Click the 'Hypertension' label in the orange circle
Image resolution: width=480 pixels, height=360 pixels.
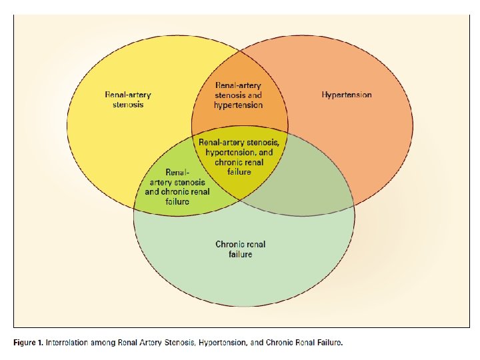(x=347, y=95)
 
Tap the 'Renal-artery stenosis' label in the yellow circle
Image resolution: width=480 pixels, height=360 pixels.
(x=128, y=99)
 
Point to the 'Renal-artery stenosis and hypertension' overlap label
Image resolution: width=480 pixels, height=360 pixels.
(x=239, y=95)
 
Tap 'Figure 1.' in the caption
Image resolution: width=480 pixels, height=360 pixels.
(x=28, y=343)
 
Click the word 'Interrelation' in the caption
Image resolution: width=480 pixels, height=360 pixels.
(x=71, y=343)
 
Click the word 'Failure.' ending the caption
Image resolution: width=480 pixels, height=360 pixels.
(x=329, y=343)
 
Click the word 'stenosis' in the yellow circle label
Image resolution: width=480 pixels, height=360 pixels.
(x=128, y=105)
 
